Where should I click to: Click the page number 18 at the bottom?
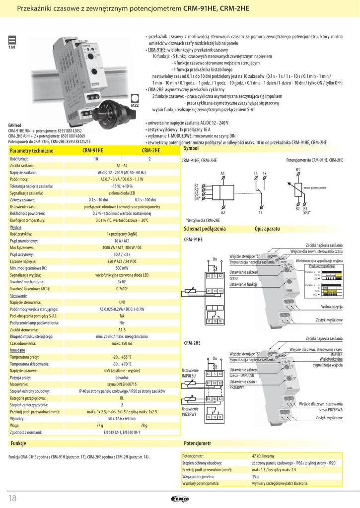pyautogui.click(x=13, y=498)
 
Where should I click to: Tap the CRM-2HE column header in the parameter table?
pyautogui.click(x=151, y=150)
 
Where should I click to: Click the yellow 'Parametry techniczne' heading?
pyautogui.click(x=31, y=150)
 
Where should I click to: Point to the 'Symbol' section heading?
pyautogui.click(x=191, y=148)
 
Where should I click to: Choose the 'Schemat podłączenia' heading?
pyautogui.click(x=205, y=229)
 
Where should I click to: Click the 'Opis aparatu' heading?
pyautogui.click(x=267, y=229)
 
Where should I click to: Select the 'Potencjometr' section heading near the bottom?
pyautogui.click(x=198, y=443)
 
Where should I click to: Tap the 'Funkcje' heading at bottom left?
pyautogui.click(x=18, y=443)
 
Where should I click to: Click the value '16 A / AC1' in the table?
pyautogui.click(x=122, y=240)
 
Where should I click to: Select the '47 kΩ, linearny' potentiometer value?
pyautogui.click(x=263, y=455)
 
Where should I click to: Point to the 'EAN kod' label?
pyautogui.click(x=15, y=125)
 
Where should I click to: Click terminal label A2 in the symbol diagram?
pyautogui.click(x=223, y=212)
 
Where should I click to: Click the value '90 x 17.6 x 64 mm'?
pyautogui.click(x=122, y=419)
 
